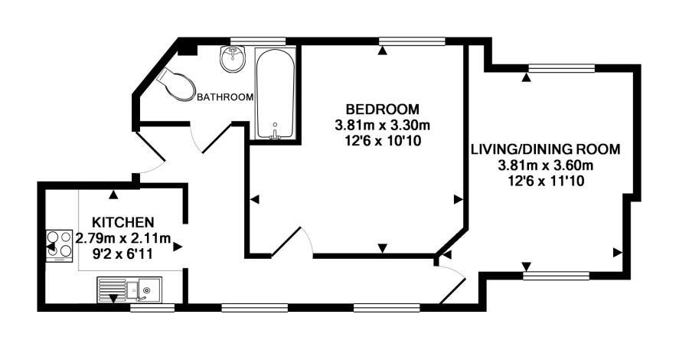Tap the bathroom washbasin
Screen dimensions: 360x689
point(231,59)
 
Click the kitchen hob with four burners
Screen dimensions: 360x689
point(59,246)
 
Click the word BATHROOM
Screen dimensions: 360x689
point(225,97)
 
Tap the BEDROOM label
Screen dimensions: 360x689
point(382,108)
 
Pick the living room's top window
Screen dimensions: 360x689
point(561,68)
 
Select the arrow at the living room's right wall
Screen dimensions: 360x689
point(617,251)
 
